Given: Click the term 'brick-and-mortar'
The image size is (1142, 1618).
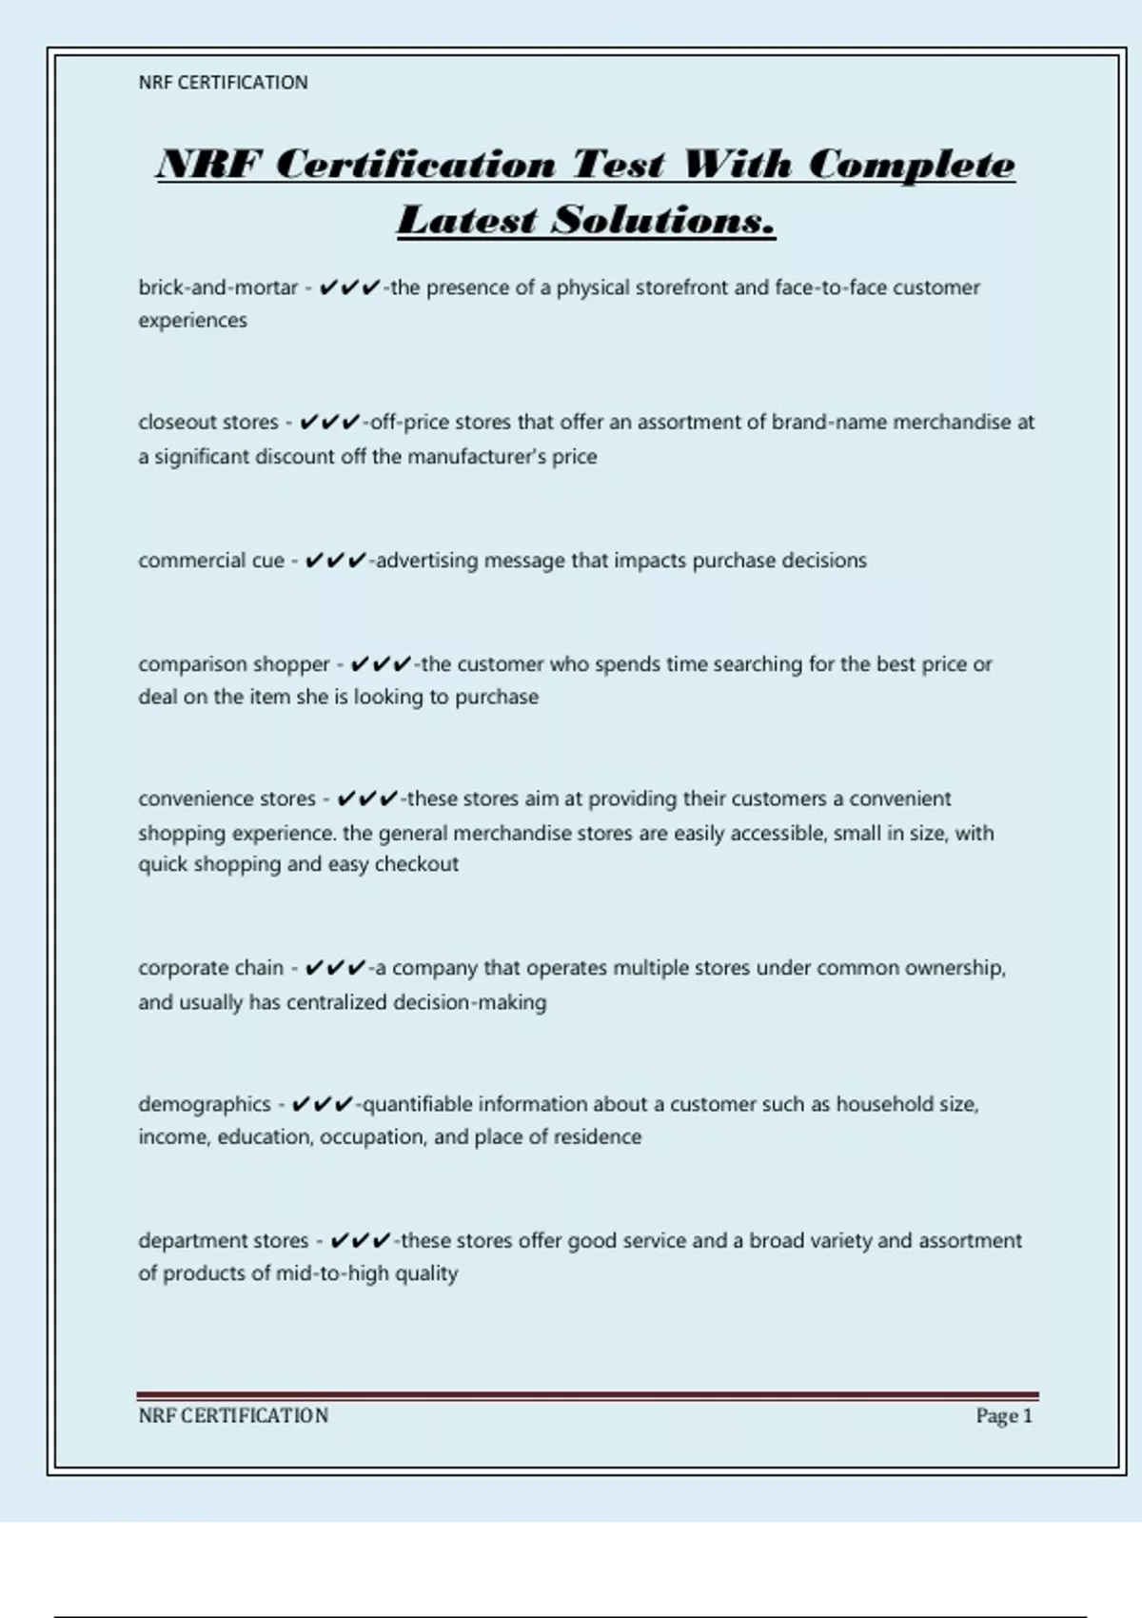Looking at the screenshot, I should click(218, 287).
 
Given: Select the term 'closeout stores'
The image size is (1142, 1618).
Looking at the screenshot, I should click(207, 422).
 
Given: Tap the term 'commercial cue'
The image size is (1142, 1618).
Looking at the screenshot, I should click(210, 561).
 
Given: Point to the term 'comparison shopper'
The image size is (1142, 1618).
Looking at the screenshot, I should click(233, 664).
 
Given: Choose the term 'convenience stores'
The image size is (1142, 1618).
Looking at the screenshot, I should click(226, 799).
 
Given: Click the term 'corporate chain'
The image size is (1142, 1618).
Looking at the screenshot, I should click(210, 968).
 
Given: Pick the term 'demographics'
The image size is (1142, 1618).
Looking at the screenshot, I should click(204, 1104).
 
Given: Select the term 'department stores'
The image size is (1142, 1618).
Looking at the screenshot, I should click(223, 1241).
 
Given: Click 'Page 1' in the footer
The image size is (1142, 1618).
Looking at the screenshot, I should click(1003, 1416).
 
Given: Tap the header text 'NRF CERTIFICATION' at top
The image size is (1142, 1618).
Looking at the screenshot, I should click(223, 83).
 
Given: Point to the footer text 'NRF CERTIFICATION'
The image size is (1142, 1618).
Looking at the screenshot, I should click(233, 1416).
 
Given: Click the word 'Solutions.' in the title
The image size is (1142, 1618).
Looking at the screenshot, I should click(664, 220).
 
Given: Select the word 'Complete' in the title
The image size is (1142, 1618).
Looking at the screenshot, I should click(912, 165).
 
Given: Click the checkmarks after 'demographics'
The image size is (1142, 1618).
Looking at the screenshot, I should click(323, 1104).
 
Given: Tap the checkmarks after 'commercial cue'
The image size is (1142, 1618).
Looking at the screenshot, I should click(336, 561).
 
